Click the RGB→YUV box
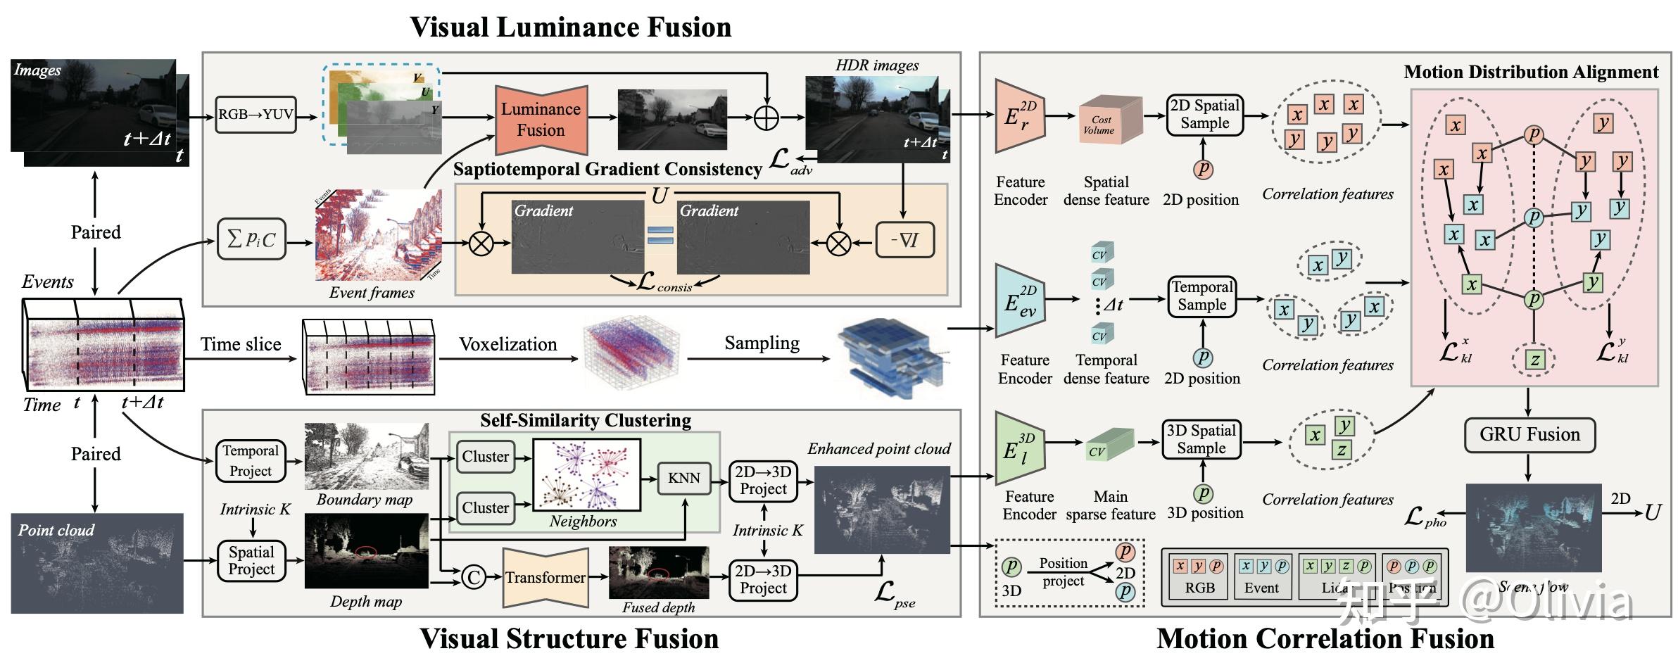256,115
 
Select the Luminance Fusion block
541,120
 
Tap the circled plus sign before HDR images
767,118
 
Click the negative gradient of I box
905,241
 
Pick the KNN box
684,479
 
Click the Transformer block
545,578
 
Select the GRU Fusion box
1529,435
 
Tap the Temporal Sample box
1202,296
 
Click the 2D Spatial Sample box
1204,115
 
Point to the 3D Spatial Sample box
1201,440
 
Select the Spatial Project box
251,561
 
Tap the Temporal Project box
251,461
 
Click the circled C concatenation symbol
474,578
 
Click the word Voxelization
507,344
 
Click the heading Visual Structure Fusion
569,638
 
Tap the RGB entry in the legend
1199,576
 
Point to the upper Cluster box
485,457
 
